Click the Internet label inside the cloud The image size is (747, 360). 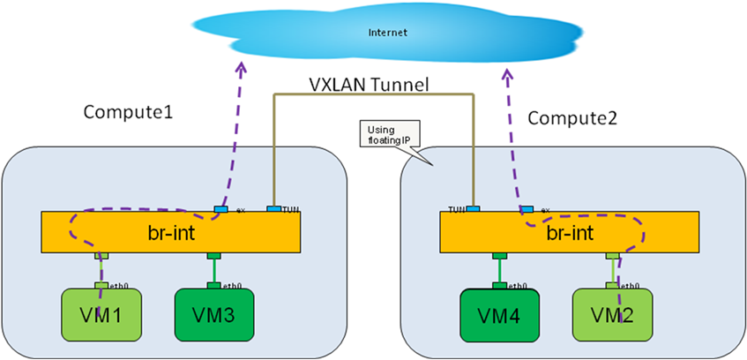385,34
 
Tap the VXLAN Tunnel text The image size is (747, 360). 369,85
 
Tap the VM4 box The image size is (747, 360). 499,314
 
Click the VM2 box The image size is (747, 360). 612,314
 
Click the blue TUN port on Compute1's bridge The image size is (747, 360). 273,209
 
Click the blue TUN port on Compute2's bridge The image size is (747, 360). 473,209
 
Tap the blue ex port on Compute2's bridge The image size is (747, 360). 527,209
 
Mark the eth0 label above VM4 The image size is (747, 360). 517,285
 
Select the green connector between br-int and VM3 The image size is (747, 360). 212,269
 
